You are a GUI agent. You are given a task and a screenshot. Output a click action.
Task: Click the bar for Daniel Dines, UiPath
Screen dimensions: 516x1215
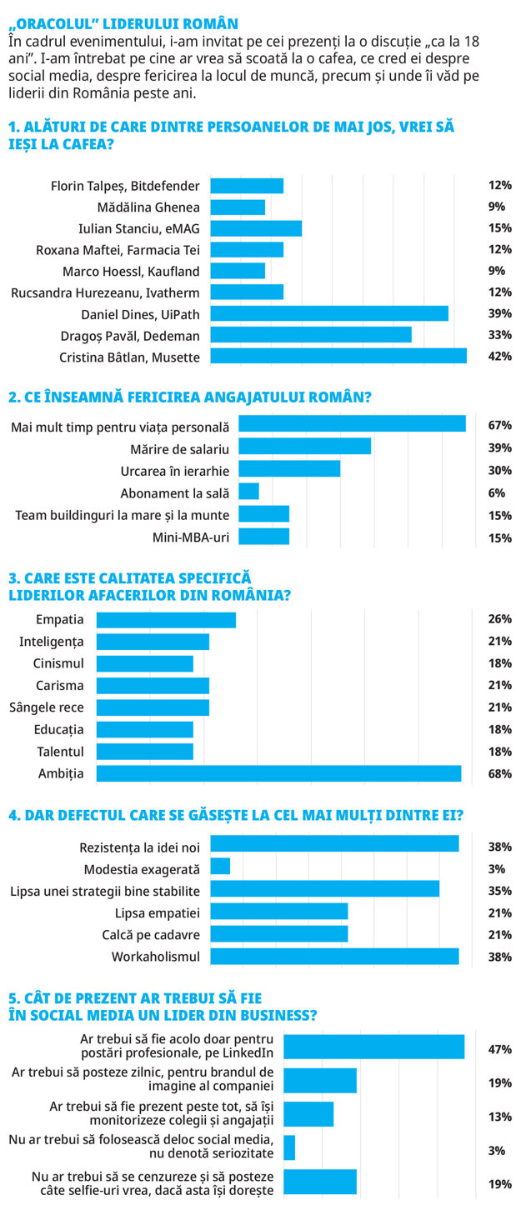coord(329,313)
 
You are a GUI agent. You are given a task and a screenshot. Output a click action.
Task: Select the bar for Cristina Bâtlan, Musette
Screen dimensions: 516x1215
coord(338,356)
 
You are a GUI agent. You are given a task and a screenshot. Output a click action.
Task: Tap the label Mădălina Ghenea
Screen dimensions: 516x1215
coord(148,207)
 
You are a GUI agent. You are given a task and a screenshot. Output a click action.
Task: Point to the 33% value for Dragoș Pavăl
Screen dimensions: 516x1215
coord(499,335)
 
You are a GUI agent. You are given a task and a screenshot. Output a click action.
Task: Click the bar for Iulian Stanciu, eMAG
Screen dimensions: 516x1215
coord(256,228)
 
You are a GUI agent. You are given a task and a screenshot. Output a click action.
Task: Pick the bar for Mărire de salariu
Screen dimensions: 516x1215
coord(305,446)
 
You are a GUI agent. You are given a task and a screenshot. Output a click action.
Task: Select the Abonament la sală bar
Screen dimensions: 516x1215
coord(248,491)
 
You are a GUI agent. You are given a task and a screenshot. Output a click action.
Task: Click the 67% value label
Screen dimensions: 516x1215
coord(499,425)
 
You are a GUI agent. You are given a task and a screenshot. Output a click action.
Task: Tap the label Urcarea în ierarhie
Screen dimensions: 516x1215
coord(175,471)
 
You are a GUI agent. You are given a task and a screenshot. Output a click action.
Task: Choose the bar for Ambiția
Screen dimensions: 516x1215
coord(279,773)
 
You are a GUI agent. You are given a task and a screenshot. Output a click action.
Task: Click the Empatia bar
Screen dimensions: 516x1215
coord(166,620)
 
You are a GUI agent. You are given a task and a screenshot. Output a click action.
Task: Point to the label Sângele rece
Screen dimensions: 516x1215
coord(47,707)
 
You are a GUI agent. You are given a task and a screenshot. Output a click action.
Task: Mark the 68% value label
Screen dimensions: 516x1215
coord(499,773)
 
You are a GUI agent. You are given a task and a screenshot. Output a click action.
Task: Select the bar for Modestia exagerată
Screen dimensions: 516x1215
coord(220,866)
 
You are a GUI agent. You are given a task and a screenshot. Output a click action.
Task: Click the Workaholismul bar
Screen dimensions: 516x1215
coord(335,957)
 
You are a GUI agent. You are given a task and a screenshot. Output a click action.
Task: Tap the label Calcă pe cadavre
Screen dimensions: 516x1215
coord(151,934)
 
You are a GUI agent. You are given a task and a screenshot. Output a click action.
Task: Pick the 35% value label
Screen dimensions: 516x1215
coord(499,891)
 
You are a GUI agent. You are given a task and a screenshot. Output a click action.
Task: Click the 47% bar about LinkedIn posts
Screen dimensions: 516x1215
coord(373,1047)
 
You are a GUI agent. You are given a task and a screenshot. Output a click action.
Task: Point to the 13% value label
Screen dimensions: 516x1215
coord(499,1117)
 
